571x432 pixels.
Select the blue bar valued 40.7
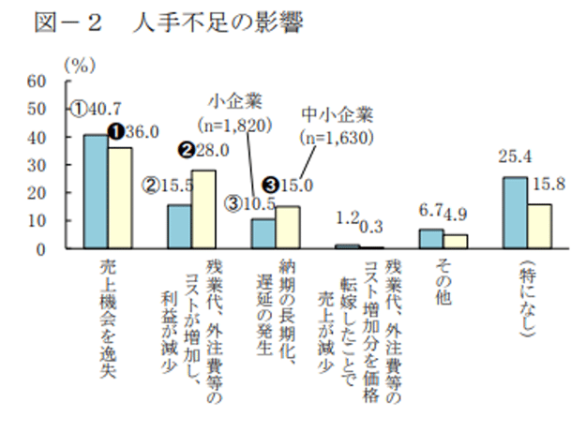pyautogui.click(x=96, y=191)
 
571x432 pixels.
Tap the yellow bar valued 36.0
pyautogui.click(x=119, y=198)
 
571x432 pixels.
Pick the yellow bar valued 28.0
pyautogui.click(x=203, y=209)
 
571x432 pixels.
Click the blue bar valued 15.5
pyautogui.click(x=179, y=227)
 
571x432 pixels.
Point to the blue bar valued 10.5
pyautogui.click(x=263, y=233)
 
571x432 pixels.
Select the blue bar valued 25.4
pyautogui.click(x=515, y=213)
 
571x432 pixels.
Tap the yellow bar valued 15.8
pyautogui.click(x=538, y=226)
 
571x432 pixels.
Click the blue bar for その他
pyautogui.click(x=431, y=239)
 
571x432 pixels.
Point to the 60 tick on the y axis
pyautogui.click(x=38, y=81)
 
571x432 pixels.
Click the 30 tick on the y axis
pyautogui.click(x=38, y=165)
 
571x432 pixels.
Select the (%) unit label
pyautogui.click(x=79, y=64)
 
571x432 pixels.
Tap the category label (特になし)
pyautogui.click(x=526, y=298)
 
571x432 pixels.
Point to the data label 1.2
pyautogui.click(x=347, y=219)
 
